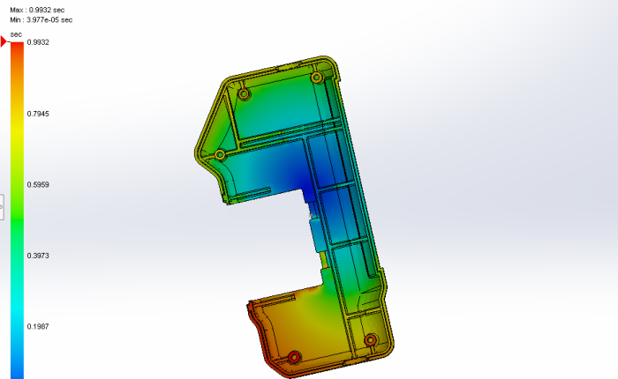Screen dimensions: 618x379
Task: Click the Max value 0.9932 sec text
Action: (x=37, y=10)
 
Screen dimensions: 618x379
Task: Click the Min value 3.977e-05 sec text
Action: (x=41, y=19)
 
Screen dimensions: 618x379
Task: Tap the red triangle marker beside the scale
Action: (x=4, y=41)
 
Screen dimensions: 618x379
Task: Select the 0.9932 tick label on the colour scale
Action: (x=38, y=42)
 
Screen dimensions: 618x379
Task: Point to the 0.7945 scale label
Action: (x=38, y=114)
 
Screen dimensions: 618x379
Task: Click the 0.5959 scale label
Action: (x=38, y=184)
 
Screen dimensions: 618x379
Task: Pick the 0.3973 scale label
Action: (x=38, y=256)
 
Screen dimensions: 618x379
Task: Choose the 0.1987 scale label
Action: (x=38, y=327)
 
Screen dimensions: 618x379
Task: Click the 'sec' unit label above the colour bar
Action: (x=16, y=34)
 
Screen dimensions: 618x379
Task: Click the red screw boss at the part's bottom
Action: (x=294, y=357)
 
